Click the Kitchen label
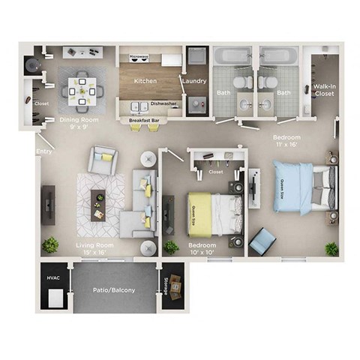(145, 80)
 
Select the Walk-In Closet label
(323, 89)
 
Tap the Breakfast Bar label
(142, 120)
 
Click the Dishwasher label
(163, 104)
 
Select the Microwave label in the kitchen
(139, 56)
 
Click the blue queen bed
(300, 186)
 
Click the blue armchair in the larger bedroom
(262, 241)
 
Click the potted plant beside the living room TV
(51, 244)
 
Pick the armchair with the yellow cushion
(102, 158)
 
